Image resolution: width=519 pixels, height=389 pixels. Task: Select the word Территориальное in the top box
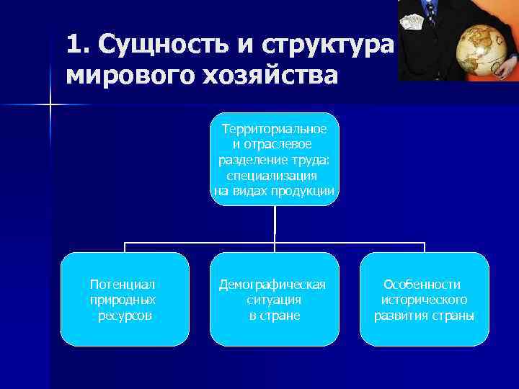[275, 129]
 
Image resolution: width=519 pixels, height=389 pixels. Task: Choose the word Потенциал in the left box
[123, 285]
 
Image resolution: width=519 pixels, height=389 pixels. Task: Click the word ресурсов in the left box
[124, 316]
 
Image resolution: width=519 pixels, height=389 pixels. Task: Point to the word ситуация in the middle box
[273, 300]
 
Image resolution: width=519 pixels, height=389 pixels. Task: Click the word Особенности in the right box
[422, 285]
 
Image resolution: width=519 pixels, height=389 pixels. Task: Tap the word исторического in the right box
[425, 300]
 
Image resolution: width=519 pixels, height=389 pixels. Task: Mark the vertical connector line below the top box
[275, 223]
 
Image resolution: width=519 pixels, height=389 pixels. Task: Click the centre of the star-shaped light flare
[50, 106]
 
